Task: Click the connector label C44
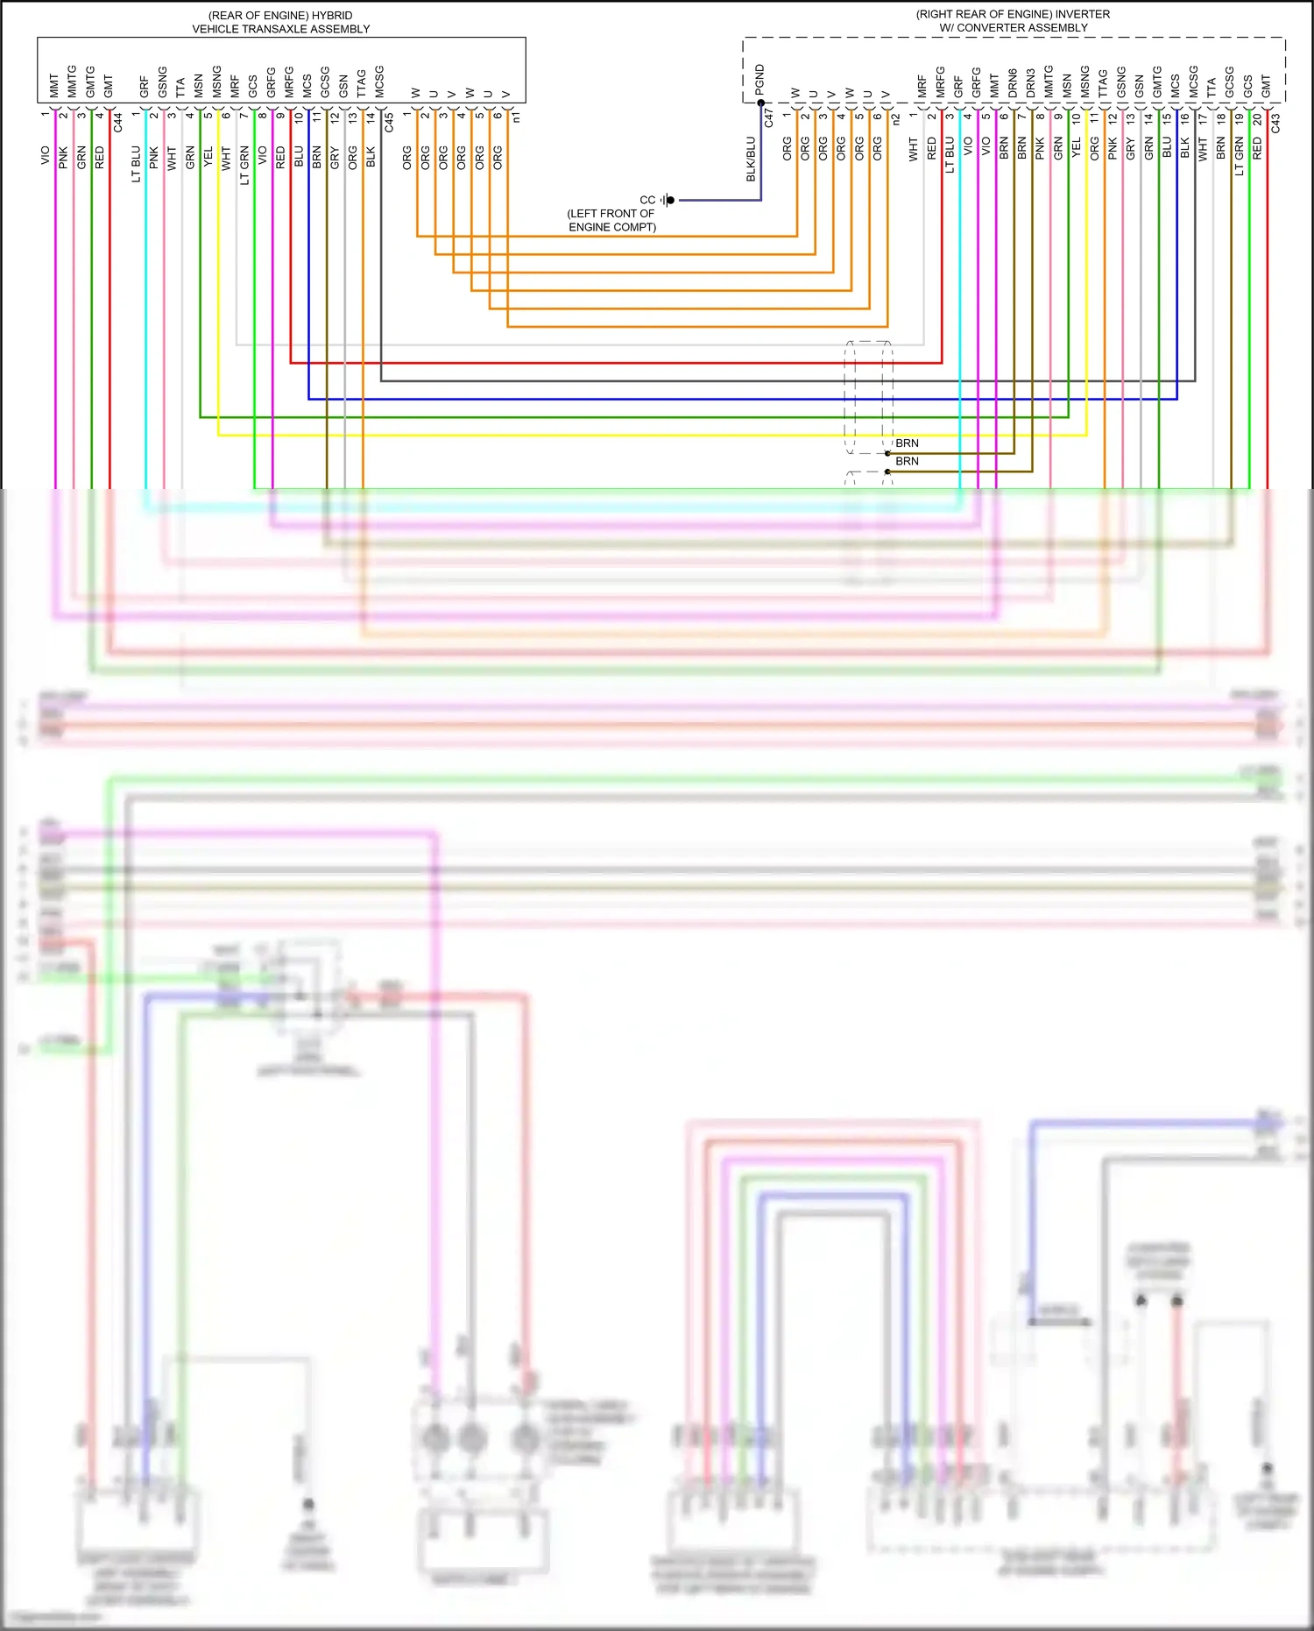[x=118, y=122]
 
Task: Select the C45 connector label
[x=389, y=122]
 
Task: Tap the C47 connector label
[x=769, y=117]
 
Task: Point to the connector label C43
[x=1275, y=123]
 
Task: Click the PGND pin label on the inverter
[x=759, y=80]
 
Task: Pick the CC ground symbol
[x=668, y=200]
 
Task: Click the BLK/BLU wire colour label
[x=751, y=159]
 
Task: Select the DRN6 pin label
[x=1013, y=82]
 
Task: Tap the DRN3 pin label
[x=1031, y=82]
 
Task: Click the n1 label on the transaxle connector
[x=517, y=117]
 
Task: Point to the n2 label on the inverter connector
[x=895, y=118]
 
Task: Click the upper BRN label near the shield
[x=907, y=443]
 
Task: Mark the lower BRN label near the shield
[x=907, y=461]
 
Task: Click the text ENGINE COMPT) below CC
[x=612, y=227]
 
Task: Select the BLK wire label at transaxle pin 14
[x=371, y=157]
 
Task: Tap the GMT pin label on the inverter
[x=1266, y=86]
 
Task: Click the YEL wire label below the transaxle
[x=208, y=157]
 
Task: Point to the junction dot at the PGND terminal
[x=760, y=103]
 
